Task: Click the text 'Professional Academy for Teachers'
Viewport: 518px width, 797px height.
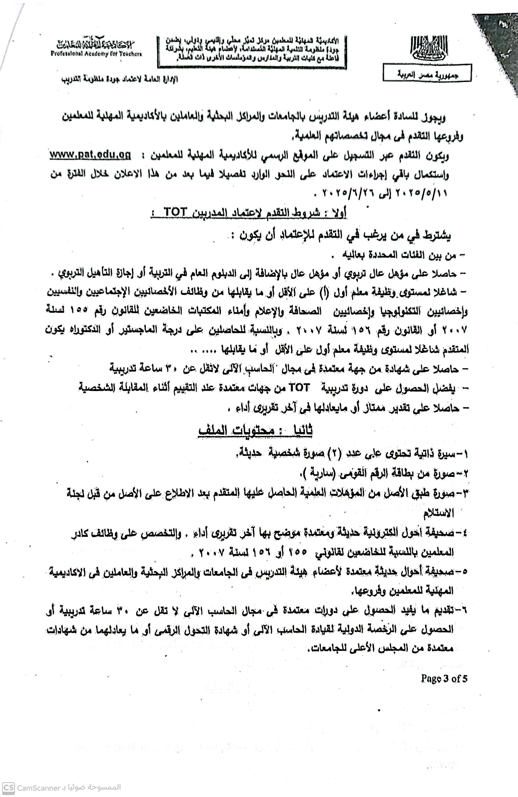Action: point(96,54)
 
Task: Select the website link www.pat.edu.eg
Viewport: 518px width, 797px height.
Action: point(90,155)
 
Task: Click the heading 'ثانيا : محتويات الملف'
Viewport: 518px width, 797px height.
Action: point(255,431)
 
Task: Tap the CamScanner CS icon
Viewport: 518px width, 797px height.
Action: point(9,787)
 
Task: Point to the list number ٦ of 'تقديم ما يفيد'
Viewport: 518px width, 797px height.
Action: point(464,610)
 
